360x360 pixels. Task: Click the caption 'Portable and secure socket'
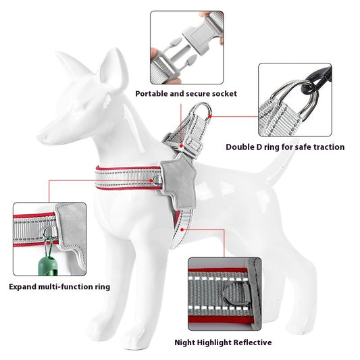click(186, 93)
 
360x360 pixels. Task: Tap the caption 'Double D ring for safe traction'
click(284, 147)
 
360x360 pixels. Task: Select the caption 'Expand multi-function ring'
click(59, 286)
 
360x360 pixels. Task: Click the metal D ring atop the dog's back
click(201, 113)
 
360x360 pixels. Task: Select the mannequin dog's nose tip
click(39, 138)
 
